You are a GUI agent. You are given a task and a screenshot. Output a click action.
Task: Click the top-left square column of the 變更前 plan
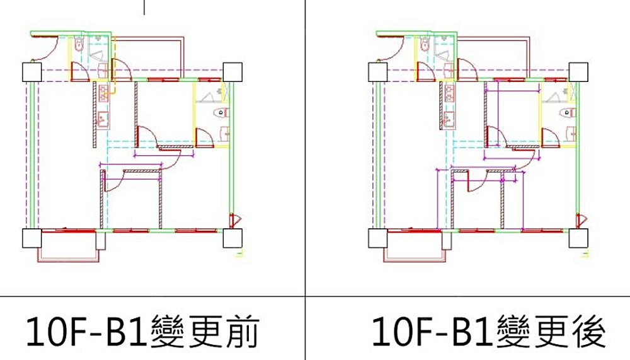[x=31, y=72]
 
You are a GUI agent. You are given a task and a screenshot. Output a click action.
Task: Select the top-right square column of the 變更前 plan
[x=232, y=72]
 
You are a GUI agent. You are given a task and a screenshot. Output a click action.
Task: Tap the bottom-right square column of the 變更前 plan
[x=232, y=239]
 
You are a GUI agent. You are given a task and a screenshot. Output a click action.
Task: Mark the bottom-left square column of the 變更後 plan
[x=376, y=239]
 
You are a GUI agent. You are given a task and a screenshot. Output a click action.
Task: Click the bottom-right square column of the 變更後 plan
[x=578, y=239]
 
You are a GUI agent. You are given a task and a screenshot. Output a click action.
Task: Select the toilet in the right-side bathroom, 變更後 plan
[x=566, y=113]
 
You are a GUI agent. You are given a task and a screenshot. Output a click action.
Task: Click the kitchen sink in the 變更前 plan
[x=103, y=118]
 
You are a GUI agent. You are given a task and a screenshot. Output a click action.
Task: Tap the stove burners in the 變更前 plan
[x=103, y=93]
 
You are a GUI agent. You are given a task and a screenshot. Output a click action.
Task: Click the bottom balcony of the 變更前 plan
[x=67, y=250]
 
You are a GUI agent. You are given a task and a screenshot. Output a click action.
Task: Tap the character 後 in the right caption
[x=590, y=332]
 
